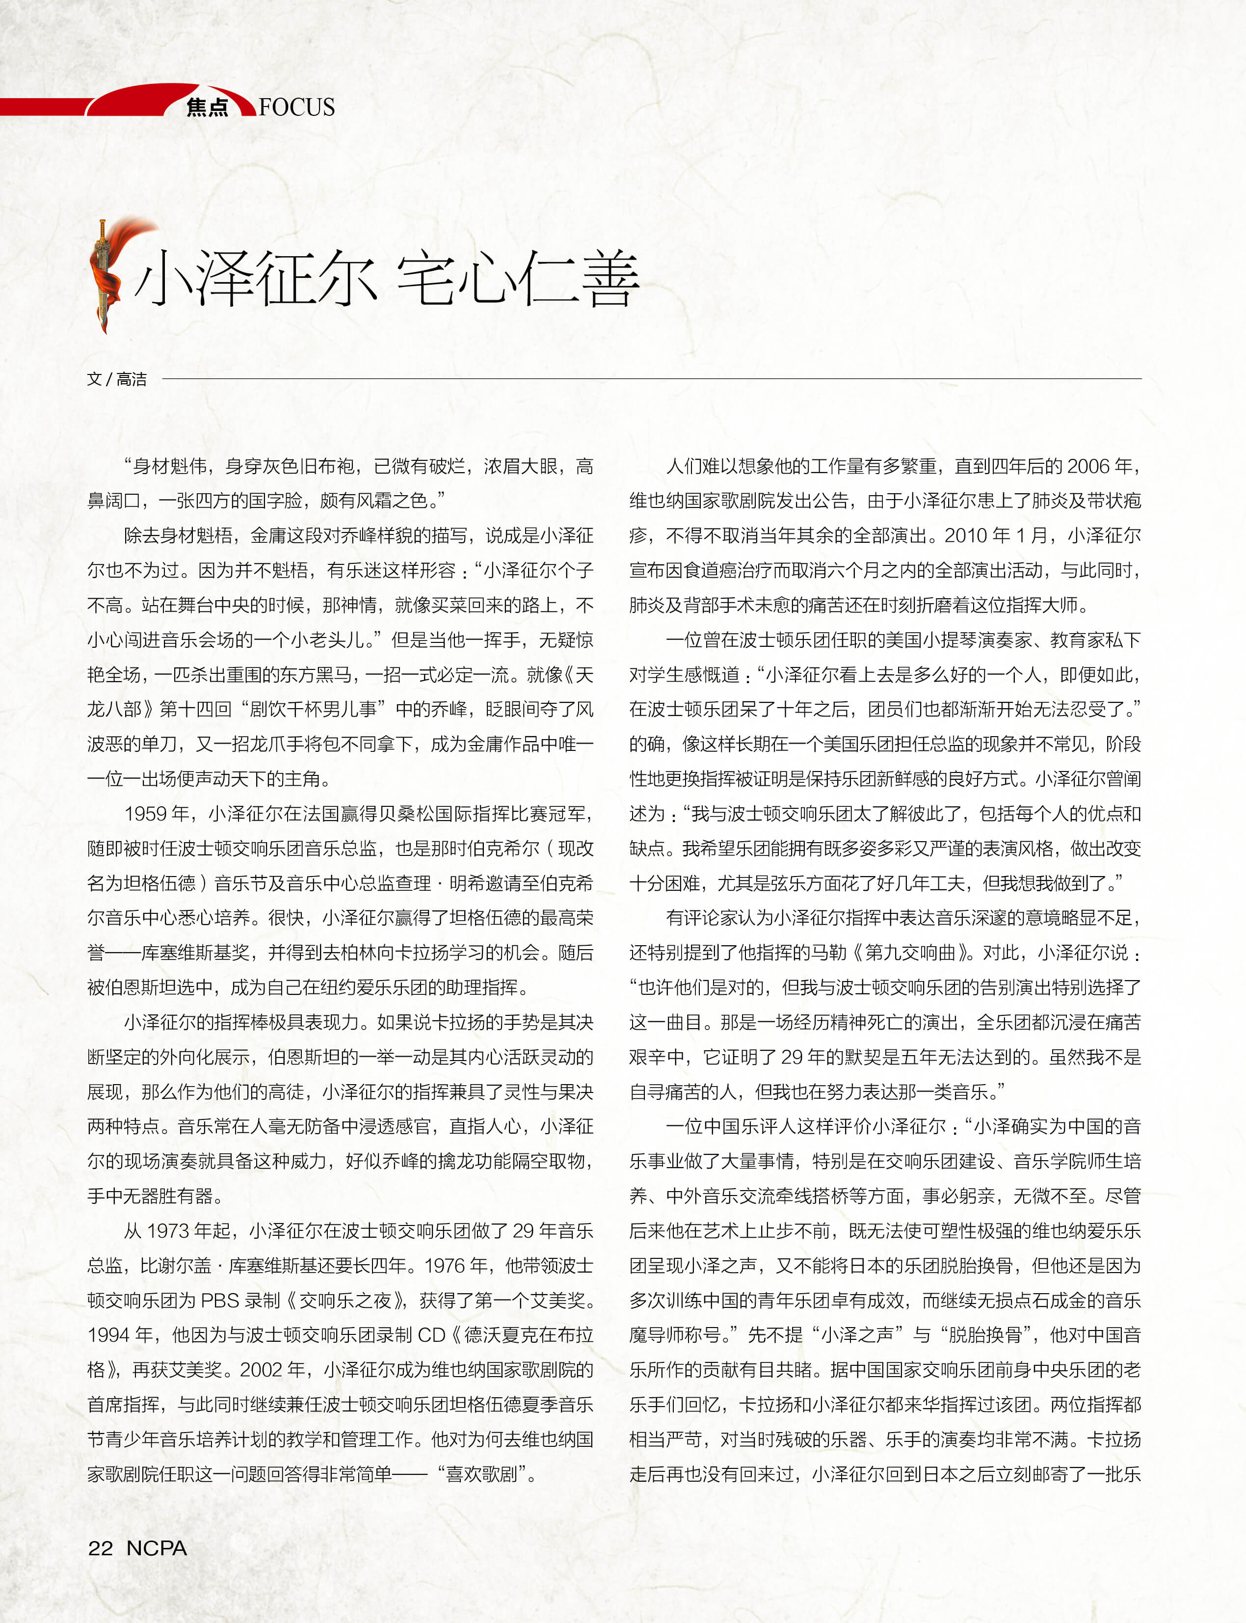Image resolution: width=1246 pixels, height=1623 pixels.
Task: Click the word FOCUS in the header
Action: pos(297,107)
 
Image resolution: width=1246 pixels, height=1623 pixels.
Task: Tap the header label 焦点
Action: pos(207,107)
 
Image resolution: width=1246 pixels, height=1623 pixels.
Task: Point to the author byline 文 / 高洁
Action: pos(116,379)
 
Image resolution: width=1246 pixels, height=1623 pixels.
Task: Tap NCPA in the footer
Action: pos(157,1548)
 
